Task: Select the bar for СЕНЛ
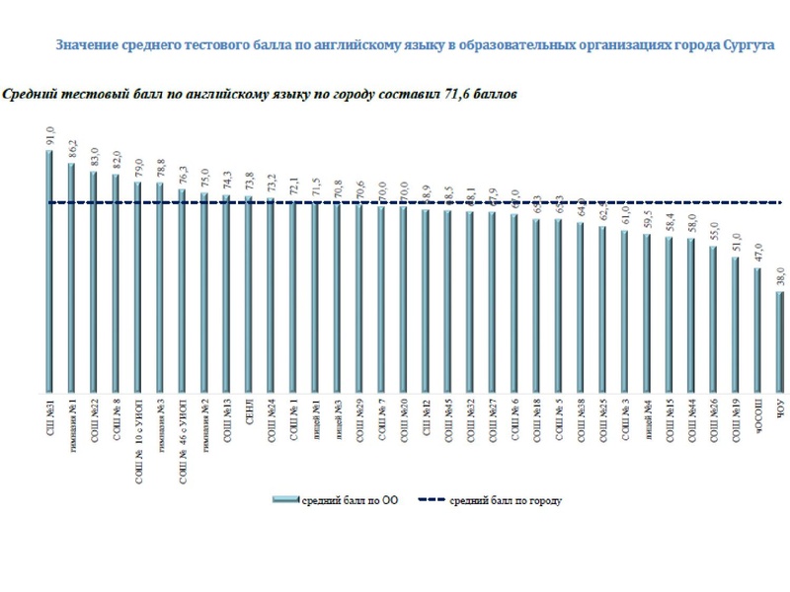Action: tap(248, 296)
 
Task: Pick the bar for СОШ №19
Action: tap(735, 326)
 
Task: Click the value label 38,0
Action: tap(779, 278)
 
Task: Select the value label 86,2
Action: tap(70, 150)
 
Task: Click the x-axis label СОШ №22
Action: tap(93, 418)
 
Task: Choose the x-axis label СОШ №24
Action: tap(270, 418)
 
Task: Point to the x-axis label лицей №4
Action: tap(647, 418)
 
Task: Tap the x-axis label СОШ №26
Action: tap(713, 418)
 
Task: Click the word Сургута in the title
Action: tap(748, 45)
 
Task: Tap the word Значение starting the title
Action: tap(87, 45)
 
